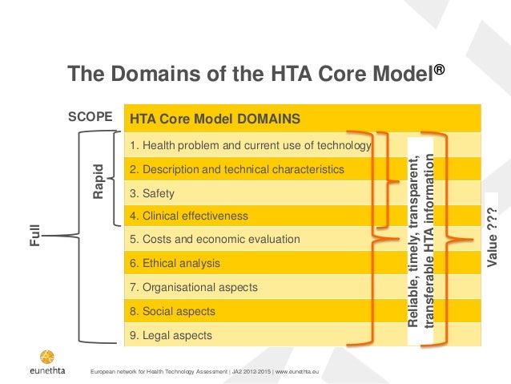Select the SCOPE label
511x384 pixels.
point(89,116)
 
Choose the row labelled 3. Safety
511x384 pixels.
point(152,193)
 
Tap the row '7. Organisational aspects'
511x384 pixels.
point(193,286)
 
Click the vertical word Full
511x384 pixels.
point(35,237)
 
